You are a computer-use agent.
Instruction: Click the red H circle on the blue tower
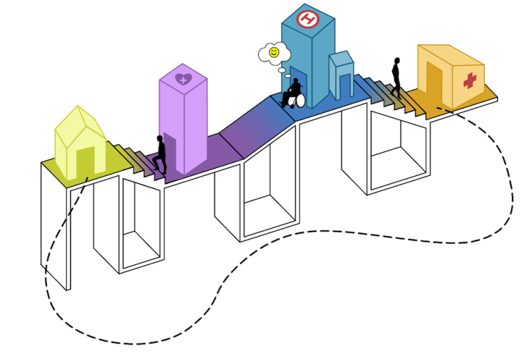click(x=307, y=19)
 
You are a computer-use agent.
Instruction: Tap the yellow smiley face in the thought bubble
click(x=274, y=53)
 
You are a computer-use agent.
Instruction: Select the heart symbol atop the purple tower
click(x=183, y=79)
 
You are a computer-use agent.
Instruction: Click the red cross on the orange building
click(x=470, y=80)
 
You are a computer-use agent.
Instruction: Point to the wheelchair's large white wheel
click(x=298, y=100)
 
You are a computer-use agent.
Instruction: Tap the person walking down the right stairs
click(x=397, y=77)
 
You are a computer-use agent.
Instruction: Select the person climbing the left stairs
click(x=160, y=154)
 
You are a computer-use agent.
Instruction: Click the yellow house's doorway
click(x=86, y=161)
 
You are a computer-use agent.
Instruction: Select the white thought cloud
click(x=274, y=53)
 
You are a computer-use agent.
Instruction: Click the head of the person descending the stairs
click(x=397, y=61)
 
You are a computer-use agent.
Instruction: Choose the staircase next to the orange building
click(x=391, y=96)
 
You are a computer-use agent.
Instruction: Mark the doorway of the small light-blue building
click(x=345, y=86)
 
